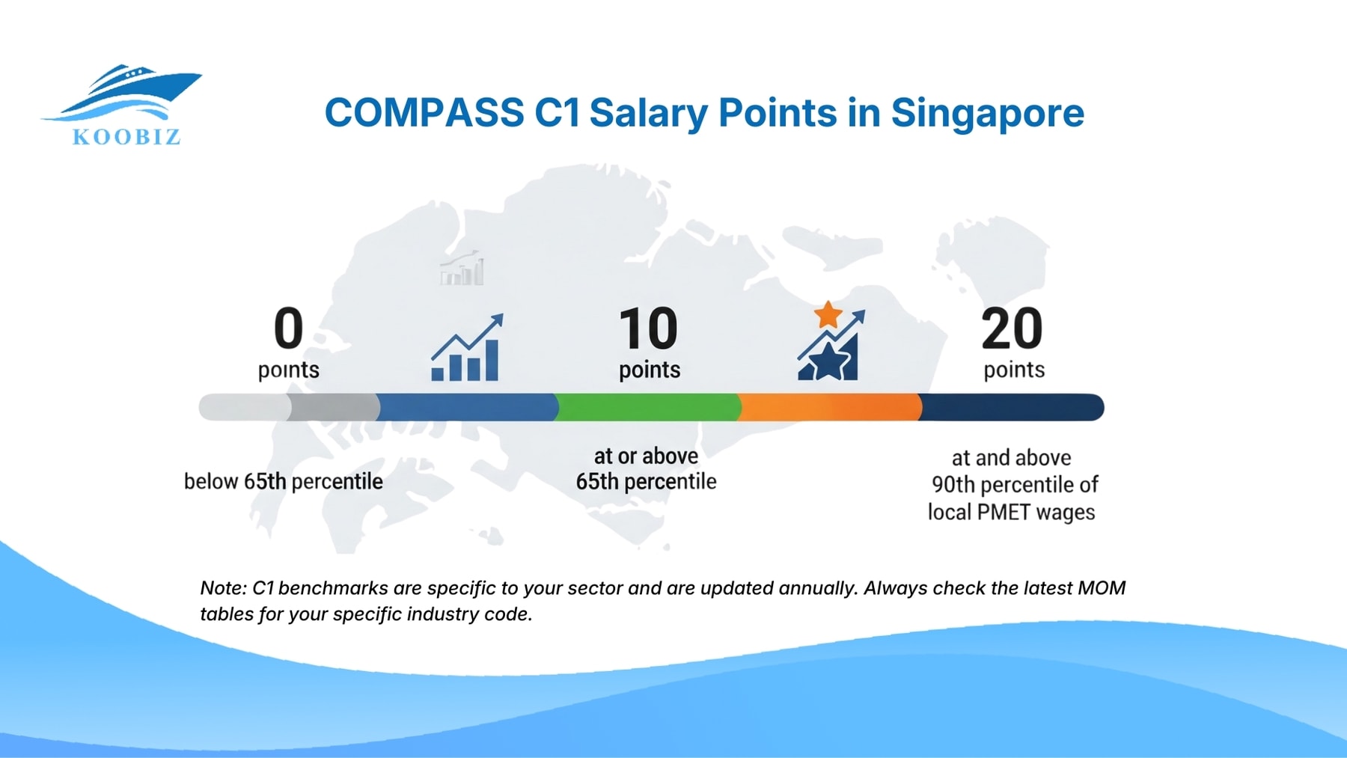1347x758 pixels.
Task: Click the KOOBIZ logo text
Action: (x=126, y=137)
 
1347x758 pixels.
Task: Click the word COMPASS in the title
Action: (x=424, y=113)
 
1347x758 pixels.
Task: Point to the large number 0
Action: (x=288, y=328)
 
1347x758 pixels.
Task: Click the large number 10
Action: (x=648, y=328)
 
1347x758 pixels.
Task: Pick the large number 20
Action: (x=1012, y=328)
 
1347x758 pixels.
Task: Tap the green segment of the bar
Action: (x=648, y=407)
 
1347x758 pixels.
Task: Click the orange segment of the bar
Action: (x=829, y=407)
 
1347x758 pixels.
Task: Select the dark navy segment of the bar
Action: (x=1010, y=407)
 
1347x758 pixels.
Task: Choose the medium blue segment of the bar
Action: (x=468, y=407)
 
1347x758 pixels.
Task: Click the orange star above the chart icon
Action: (x=828, y=314)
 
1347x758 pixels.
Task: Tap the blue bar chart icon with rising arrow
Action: (x=466, y=349)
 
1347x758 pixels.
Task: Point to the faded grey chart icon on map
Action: (x=462, y=269)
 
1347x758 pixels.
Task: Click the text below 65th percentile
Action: (x=284, y=481)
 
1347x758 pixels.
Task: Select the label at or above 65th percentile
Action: (x=646, y=469)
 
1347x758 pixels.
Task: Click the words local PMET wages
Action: (x=1011, y=513)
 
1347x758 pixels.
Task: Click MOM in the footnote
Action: (x=1101, y=588)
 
